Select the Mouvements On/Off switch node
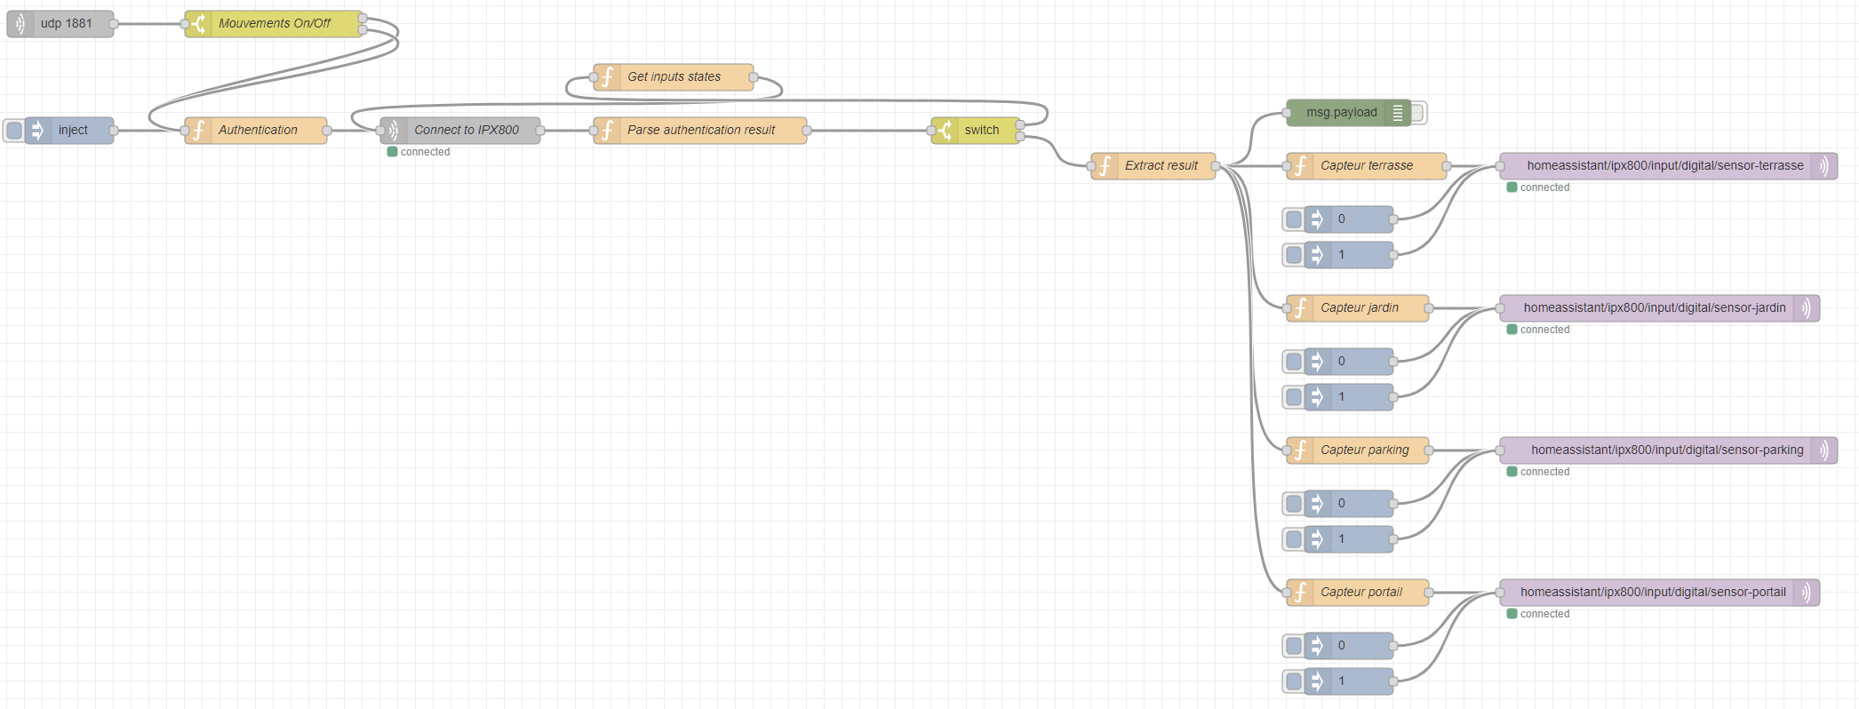point(274,24)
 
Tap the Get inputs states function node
point(674,77)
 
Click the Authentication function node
point(257,131)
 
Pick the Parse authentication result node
point(700,131)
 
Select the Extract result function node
point(1160,166)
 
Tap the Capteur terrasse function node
point(1366,166)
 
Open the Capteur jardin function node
point(1359,308)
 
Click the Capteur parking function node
point(1363,450)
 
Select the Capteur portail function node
point(1360,593)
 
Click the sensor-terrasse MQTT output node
point(1664,166)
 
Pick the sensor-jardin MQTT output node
point(1654,308)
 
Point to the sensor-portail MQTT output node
point(1652,593)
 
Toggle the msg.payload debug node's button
point(1419,113)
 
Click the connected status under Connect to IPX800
point(424,152)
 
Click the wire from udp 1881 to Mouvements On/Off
point(148,24)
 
